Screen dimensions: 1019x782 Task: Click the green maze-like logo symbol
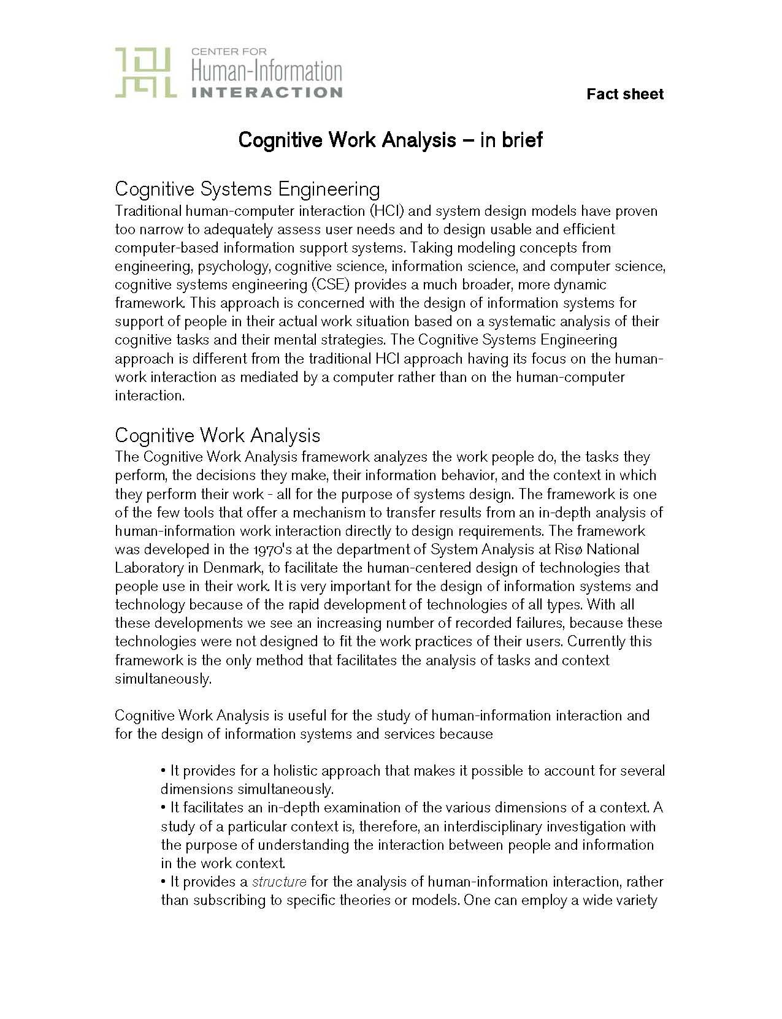(x=146, y=73)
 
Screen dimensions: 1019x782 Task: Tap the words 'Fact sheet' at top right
(x=624, y=94)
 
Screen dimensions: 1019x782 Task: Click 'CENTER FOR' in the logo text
(x=229, y=52)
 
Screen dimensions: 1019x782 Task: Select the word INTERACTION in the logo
(x=267, y=93)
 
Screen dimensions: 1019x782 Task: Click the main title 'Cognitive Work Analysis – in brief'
(x=390, y=140)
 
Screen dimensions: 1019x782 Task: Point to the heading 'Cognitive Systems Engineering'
(x=247, y=188)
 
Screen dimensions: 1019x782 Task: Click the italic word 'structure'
(x=279, y=882)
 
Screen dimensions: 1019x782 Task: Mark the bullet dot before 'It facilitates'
(x=164, y=808)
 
